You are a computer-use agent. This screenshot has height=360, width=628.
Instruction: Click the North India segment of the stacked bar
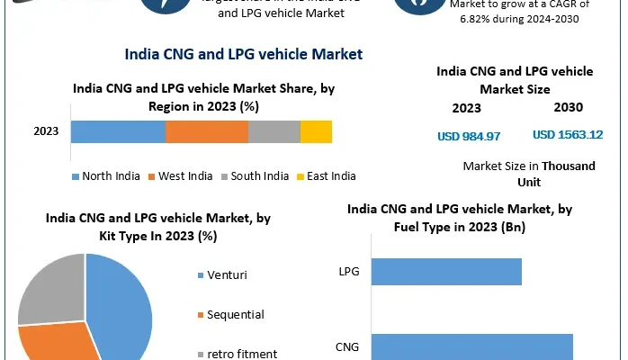(x=118, y=131)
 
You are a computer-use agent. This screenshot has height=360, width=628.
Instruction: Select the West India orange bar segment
(x=206, y=131)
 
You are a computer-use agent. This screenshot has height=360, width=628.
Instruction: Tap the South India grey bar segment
(x=274, y=131)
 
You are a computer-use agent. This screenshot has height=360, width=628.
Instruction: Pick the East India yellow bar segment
(x=316, y=131)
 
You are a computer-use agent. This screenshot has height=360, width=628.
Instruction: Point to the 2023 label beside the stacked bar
(x=46, y=131)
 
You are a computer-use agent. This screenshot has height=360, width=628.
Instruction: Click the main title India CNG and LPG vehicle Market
(x=243, y=55)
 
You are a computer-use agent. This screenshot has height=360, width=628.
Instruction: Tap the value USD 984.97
(x=468, y=136)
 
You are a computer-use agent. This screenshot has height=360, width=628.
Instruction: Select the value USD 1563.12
(x=567, y=135)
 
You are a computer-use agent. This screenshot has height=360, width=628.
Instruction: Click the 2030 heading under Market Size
(x=568, y=109)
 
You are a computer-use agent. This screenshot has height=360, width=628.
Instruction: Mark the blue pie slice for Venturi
(x=122, y=306)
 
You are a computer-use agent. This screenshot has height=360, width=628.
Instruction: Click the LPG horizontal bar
(x=445, y=271)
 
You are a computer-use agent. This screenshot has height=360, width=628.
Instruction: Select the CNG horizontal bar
(x=471, y=346)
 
